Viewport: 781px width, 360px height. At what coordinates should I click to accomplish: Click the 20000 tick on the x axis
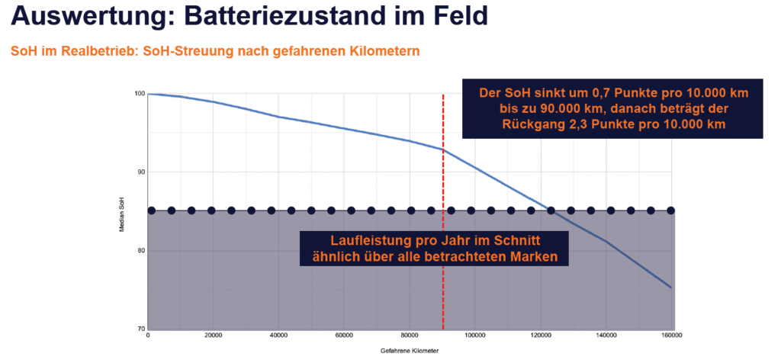214,336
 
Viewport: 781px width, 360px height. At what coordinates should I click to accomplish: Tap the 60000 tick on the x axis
345,336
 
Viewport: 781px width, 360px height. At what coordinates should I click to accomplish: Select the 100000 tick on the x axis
475,336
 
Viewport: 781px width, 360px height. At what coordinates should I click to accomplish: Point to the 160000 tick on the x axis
671,336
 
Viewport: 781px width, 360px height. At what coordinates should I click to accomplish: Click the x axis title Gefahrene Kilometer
410,352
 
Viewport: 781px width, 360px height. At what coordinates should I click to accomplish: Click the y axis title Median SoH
122,211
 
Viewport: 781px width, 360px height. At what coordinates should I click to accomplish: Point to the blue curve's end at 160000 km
670,288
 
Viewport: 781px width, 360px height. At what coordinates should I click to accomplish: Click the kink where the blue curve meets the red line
443,149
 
